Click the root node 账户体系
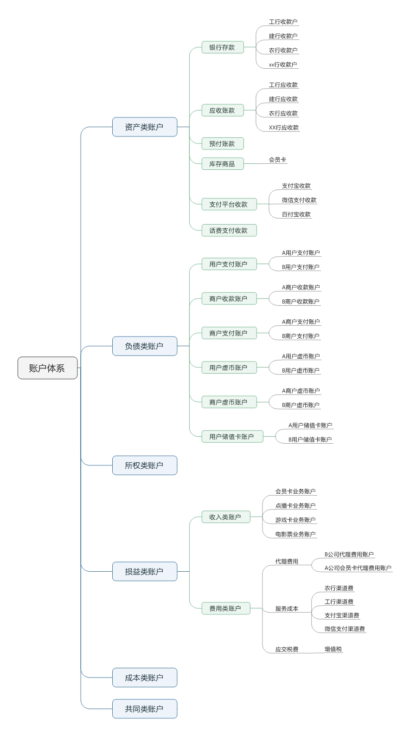click(x=48, y=368)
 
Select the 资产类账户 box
click(x=145, y=127)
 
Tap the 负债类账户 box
click(x=145, y=346)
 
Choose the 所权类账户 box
click(x=145, y=465)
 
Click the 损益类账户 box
click(x=145, y=571)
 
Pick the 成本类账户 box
click(x=145, y=678)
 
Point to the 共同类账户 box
click(x=145, y=709)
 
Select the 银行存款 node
click(x=223, y=47)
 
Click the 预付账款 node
click(x=223, y=143)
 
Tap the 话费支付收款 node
click(x=229, y=230)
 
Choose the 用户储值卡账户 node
click(x=232, y=436)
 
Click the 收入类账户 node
click(x=226, y=517)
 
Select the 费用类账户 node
click(x=226, y=608)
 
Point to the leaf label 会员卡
click(x=277, y=160)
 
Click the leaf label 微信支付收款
click(x=299, y=200)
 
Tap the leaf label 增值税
click(x=333, y=649)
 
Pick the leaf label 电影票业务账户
click(x=295, y=534)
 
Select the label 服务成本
click(x=287, y=608)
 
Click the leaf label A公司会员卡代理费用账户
click(x=358, y=568)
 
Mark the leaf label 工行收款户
click(x=283, y=22)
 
